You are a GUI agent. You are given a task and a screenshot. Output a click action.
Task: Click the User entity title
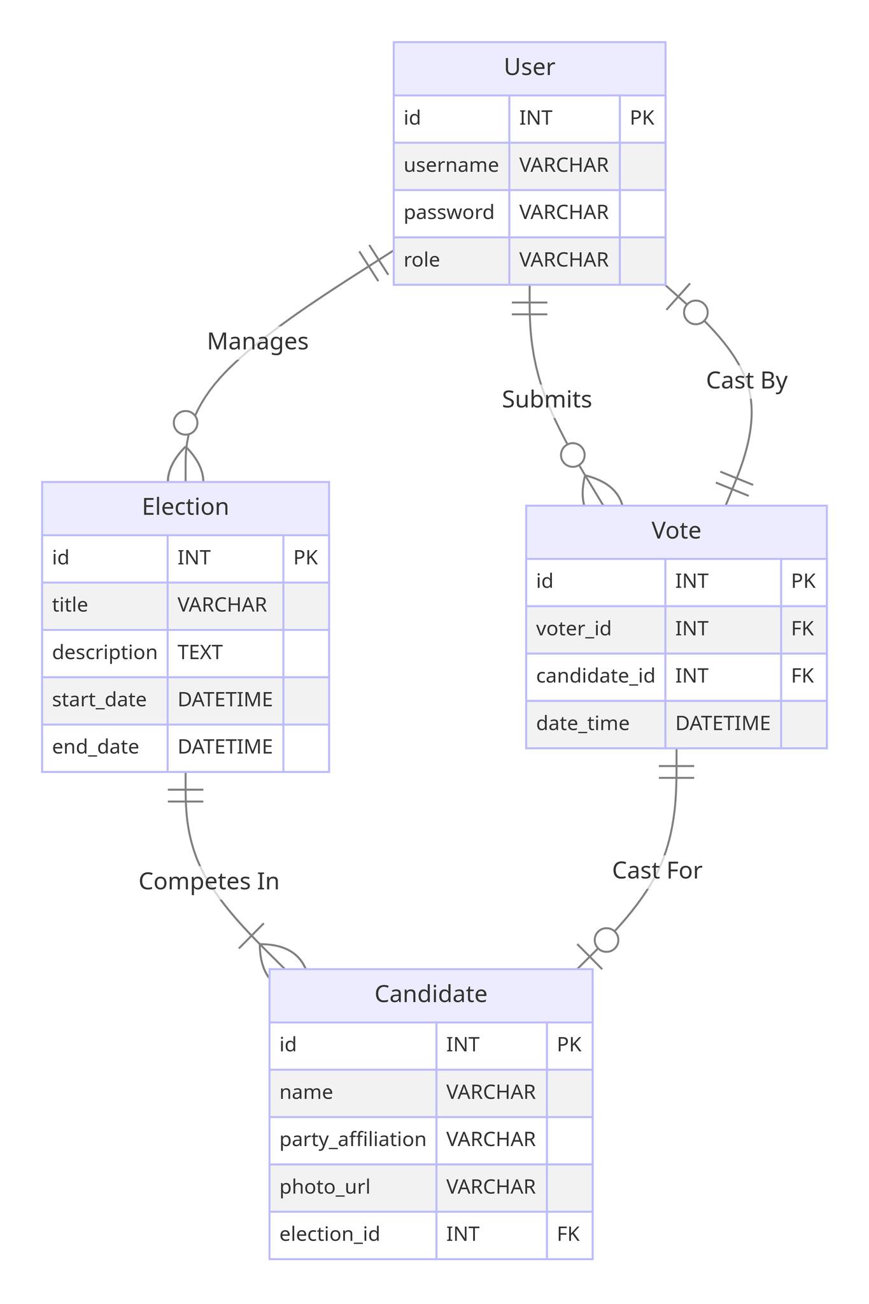click(x=529, y=67)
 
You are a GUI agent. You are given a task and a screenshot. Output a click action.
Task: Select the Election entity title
click(x=185, y=507)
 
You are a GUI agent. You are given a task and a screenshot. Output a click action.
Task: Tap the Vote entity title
click(x=676, y=530)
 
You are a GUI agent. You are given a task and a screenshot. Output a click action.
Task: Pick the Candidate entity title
click(x=431, y=994)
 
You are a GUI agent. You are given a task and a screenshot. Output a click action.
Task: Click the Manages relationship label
click(x=258, y=342)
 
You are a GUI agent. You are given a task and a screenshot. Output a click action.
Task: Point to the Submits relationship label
click(x=547, y=400)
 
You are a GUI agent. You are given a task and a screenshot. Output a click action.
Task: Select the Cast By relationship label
click(x=747, y=381)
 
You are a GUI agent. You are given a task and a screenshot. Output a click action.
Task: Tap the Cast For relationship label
click(x=657, y=870)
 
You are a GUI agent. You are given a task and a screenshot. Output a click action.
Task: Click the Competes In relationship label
click(x=209, y=881)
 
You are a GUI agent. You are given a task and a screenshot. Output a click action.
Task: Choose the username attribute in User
click(x=451, y=166)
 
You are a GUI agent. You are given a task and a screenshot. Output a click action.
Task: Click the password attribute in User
click(x=449, y=213)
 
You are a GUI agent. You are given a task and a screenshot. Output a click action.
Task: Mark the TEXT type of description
click(x=200, y=653)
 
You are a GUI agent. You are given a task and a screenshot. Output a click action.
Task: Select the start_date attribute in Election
click(x=99, y=700)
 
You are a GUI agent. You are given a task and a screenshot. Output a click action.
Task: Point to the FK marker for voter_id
click(x=803, y=629)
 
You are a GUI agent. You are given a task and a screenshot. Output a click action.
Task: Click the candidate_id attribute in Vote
click(x=595, y=676)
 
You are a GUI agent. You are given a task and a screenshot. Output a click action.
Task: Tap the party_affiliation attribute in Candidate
click(x=353, y=1140)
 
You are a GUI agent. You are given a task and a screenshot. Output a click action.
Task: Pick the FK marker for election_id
click(x=569, y=1235)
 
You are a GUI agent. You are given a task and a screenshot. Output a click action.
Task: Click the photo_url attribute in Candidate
click(x=325, y=1187)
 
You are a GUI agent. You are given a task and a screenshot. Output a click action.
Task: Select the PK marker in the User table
click(x=642, y=118)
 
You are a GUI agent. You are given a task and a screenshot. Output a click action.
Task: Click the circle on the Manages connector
click(x=185, y=423)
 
